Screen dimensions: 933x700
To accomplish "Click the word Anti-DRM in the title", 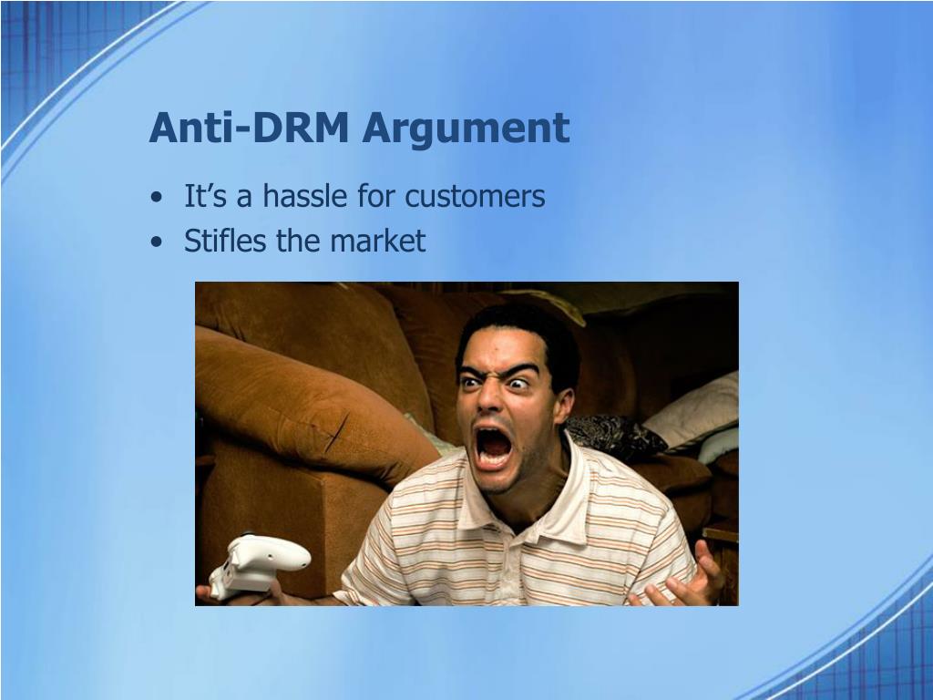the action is (248, 128).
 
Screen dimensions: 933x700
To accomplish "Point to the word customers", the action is (475, 196).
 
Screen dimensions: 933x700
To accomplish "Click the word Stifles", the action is (225, 240).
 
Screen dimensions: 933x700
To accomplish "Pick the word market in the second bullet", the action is (378, 241).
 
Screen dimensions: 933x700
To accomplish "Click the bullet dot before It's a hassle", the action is (156, 197).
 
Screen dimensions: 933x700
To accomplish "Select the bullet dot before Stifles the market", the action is (156, 242).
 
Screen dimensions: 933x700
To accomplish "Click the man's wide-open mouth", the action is (493, 447).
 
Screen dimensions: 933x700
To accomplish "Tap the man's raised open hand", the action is (682, 577).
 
